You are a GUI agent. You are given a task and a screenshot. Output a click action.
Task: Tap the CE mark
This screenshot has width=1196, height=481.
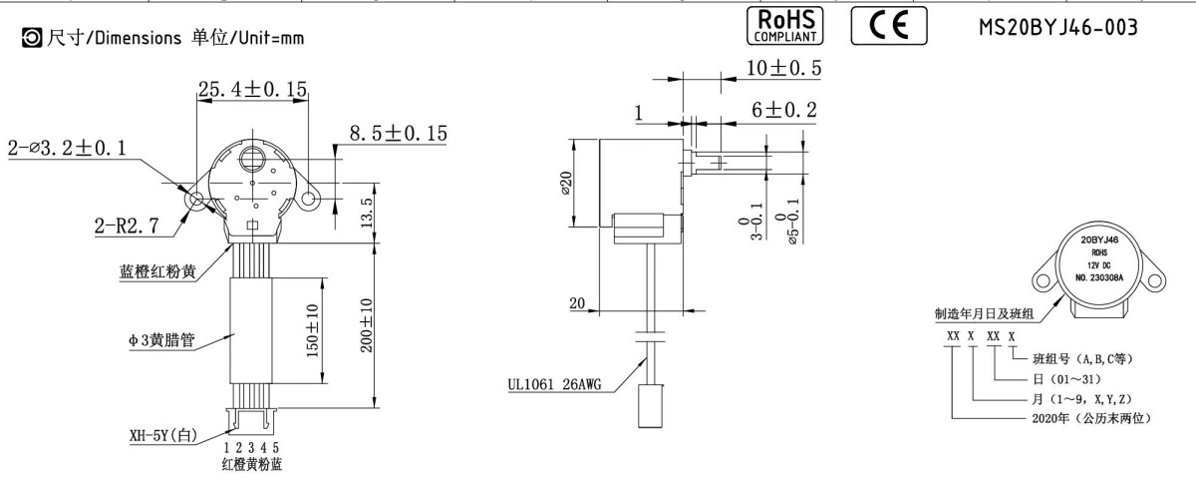(x=889, y=26)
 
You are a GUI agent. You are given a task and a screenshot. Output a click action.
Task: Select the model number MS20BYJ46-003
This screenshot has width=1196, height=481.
(x=1057, y=27)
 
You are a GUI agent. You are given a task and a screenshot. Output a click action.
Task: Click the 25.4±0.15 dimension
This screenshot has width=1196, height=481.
(x=252, y=89)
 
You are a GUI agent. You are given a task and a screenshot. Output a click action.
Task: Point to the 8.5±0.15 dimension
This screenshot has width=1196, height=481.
(x=398, y=133)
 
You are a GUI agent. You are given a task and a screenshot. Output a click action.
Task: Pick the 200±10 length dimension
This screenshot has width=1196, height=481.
(x=366, y=325)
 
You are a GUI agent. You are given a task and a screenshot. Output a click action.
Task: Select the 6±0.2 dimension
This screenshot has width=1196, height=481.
(x=783, y=110)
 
